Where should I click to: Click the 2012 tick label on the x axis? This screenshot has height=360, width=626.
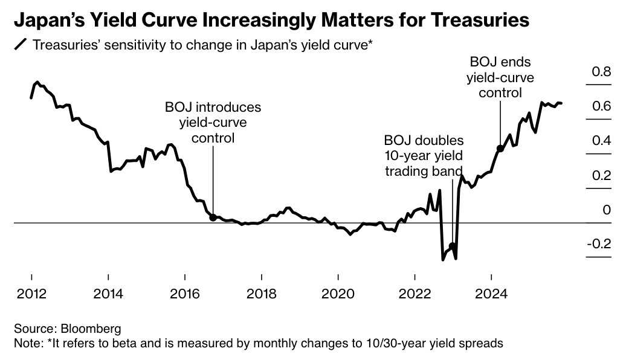tap(31, 294)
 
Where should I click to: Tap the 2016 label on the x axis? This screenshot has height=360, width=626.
tap(184, 294)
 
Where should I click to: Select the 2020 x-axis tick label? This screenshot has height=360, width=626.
tap(338, 294)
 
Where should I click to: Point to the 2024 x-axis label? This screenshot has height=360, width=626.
tap(491, 294)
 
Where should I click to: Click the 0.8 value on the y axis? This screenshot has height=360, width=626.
tap(601, 72)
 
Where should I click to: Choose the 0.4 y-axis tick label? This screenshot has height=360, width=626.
tap(601, 141)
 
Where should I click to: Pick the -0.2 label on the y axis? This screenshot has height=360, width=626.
tap(599, 244)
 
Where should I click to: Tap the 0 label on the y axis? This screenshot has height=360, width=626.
tap(607, 210)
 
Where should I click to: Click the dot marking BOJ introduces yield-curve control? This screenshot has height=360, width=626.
tap(213, 217)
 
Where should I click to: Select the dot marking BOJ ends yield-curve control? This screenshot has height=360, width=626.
tap(500, 148)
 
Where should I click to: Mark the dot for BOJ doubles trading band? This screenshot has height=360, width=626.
tap(452, 246)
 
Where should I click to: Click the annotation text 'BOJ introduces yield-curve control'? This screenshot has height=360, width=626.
tap(213, 123)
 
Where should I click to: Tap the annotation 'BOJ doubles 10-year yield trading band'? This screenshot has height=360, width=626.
tap(424, 156)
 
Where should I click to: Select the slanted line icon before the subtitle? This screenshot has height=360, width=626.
tap(21, 45)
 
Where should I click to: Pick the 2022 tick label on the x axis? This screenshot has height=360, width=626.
tap(415, 294)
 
